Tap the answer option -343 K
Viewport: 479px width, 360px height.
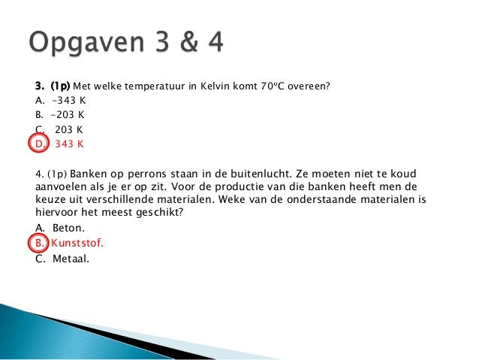tap(68, 101)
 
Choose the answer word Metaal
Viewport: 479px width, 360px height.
tap(71, 259)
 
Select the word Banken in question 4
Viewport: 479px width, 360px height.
tap(90, 174)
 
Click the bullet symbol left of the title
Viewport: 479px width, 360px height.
tap(16, 44)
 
